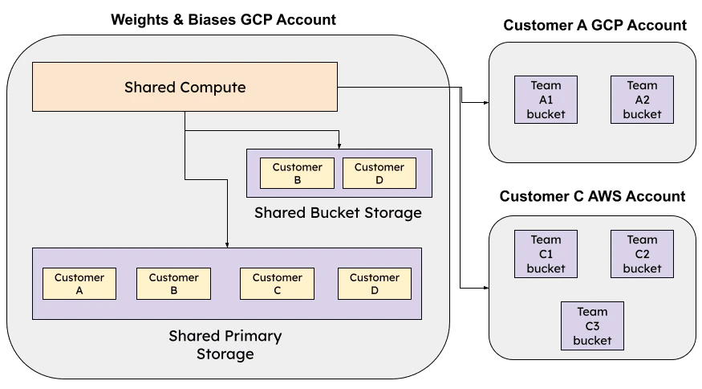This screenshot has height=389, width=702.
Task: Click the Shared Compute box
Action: [185, 87]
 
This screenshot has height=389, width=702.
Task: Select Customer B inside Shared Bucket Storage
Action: [297, 174]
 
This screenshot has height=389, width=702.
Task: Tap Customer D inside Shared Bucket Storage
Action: [379, 174]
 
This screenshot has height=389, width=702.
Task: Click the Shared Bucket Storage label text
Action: [338, 213]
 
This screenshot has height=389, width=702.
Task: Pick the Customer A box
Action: [79, 285]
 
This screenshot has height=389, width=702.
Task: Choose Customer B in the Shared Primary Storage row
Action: [173, 285]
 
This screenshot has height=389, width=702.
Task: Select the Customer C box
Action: [277, 285]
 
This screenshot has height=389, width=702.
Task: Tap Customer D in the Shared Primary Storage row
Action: [374, 285]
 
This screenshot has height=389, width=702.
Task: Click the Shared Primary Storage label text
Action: [225, 345]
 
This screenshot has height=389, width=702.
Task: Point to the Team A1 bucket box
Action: [546, 100]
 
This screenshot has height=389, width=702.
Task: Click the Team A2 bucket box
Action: [642, 100]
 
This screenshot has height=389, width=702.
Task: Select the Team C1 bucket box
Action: [546, 254]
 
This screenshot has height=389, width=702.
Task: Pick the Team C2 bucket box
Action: [642, 254]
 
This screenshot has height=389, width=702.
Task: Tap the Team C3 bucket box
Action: [592, 326]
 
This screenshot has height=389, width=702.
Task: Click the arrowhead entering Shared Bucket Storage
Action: [339, 145]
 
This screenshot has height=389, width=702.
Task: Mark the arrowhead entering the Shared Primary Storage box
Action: [227, 244]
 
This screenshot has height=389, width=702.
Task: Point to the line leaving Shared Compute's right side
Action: [393, 87]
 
